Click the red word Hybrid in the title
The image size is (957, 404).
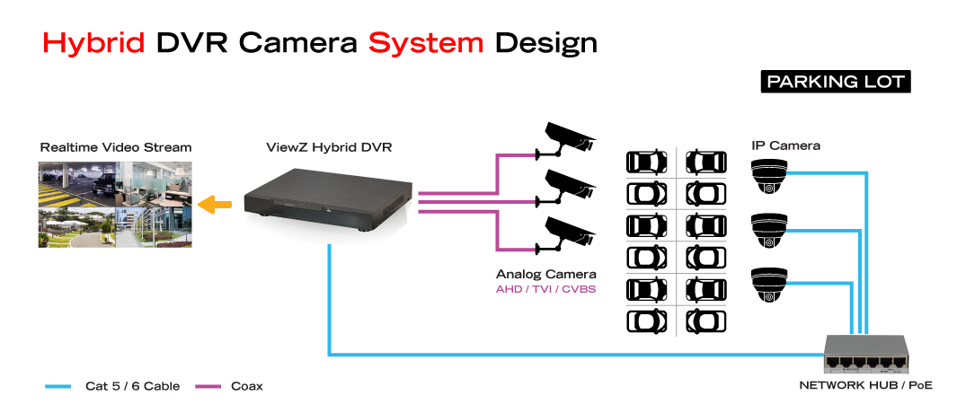click(x=93, y=43)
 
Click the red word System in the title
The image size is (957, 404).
click(x=425, y=43)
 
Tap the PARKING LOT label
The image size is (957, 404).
click(x=835, y=82)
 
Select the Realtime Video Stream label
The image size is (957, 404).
click(x=116, y=147)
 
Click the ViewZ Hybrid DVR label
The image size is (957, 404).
click(x=328, y=147)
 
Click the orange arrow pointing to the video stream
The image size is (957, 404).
click(x=213, y=205)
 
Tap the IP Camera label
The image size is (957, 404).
click(x=785, y=145)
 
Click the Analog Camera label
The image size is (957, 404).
click(x=546, y=274)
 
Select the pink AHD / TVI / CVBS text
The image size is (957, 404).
click(x=546, y=290)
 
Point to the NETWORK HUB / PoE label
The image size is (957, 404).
click(x=865, y=385)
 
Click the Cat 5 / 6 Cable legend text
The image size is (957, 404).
click(x=132, y=386)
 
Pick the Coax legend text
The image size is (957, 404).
click(x=247, y=386)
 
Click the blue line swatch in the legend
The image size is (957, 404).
click(x=58, y=386)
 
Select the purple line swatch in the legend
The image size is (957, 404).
click(x=208, y=386)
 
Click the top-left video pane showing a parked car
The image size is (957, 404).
click(x=76, y=183)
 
